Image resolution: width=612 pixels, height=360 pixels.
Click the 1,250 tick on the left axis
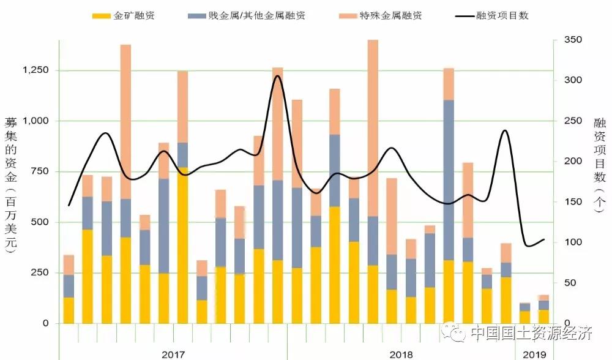pyautogui.click(x=35, y=70)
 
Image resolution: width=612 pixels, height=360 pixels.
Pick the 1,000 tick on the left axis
pyautogui.click(x=35, y=121)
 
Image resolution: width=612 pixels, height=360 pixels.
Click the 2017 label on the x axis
pyautogui.click(x=173, y=354)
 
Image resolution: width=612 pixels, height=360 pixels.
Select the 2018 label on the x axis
pyautogui.click(x=401, y=354)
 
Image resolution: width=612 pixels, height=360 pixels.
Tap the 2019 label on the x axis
pyautogui.click(x=534, y=354)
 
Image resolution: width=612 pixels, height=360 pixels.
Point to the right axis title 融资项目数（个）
pyautogui.click(x=599, y=165)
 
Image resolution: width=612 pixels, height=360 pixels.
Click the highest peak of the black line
pyautogui.click(x=277, y=76)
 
